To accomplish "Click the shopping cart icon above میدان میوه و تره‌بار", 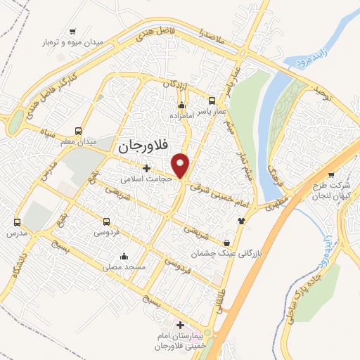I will [x=73, y=31].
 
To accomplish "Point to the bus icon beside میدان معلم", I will [x=78, y=131].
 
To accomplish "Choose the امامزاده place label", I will [x=182, y=115].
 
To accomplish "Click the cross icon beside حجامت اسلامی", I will [x=146, y=168].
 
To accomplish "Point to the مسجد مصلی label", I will [x=123, y=267].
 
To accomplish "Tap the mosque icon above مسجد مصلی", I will [x=124, y=256].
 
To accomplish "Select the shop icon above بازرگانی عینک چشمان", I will [x=226, y=240].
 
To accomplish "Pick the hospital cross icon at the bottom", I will [x=181, y=325].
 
